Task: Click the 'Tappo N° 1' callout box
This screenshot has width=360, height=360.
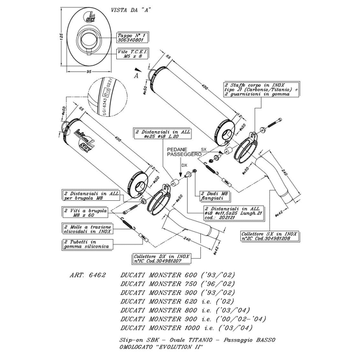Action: click(134, 38)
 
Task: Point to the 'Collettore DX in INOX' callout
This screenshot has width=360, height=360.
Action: click(157, 257)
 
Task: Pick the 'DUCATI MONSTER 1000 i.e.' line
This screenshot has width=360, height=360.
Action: click(187, 328)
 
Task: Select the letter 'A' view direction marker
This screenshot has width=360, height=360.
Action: click(136, 76)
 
